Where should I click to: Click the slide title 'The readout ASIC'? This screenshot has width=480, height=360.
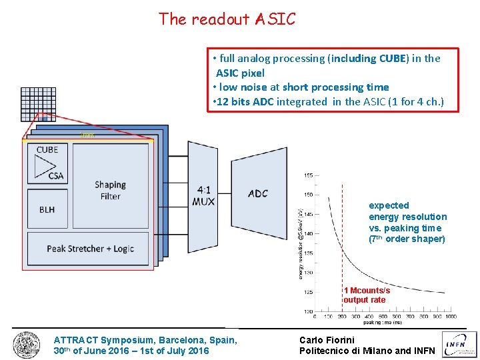click(227, 19)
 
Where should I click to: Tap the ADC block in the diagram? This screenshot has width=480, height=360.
click(257, 193)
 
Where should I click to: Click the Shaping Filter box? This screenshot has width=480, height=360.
click(110, 189)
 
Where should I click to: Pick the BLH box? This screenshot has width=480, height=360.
click(47, 209)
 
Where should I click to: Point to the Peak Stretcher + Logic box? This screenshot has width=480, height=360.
click(90, 249)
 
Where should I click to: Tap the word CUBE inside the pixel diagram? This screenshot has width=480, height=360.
click(47, 149)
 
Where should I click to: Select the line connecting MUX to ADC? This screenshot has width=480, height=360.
click(224, 194)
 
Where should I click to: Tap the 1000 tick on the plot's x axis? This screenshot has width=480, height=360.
click(451, 316)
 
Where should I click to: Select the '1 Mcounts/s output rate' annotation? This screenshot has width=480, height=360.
click(367, 295)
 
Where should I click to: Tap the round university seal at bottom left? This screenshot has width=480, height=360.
click(26, 345)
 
